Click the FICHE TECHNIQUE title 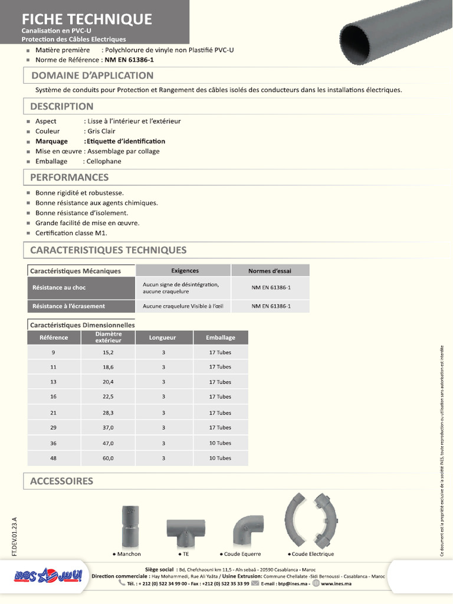coord(87,19)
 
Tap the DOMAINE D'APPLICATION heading coord(92,75)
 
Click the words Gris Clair coord(101,131)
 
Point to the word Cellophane coord(103,161)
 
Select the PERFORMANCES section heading coord(70,177)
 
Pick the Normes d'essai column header coord(270,271)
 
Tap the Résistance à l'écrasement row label coord(68,306)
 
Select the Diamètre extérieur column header coord(108,337)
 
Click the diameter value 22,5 coord(108,397)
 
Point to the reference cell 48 coord(53,458)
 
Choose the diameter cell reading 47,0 coord(108,443)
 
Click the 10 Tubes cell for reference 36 coord(220,443)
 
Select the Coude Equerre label coord(242,554)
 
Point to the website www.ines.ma coord(336,583)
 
